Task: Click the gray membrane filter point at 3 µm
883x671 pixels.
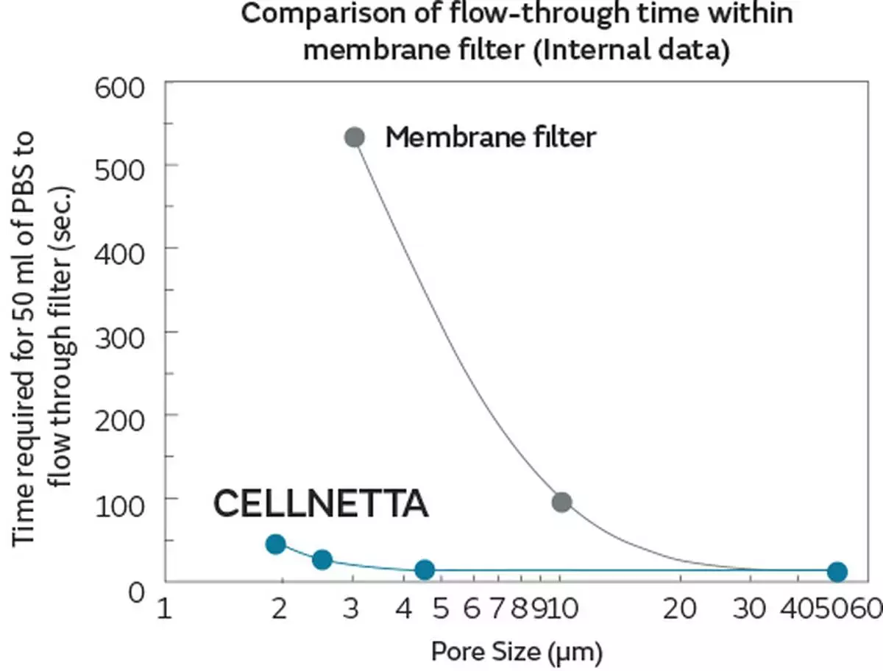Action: coord(355,137)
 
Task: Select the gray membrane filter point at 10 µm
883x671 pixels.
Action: coord(561,502)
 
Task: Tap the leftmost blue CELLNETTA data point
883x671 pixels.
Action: coord(275,544)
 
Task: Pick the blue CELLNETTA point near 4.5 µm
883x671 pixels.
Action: coord(425,569)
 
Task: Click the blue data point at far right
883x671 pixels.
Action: coord(837,571)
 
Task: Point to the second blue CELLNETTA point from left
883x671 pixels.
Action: coord(322,559)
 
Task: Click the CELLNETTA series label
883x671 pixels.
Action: coord(320,505)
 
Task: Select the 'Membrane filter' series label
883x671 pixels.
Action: coord(490,137)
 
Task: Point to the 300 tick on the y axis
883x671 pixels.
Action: coord(122,331)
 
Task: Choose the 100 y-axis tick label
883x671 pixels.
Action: coord(122,498)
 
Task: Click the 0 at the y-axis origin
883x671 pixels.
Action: coord(135,591)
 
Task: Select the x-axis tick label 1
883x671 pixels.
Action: coord(164,609)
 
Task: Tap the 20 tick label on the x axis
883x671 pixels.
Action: coord(679,609)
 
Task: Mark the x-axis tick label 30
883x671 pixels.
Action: coord(750,609)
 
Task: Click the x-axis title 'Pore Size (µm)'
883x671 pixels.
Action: coord(517,651)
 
